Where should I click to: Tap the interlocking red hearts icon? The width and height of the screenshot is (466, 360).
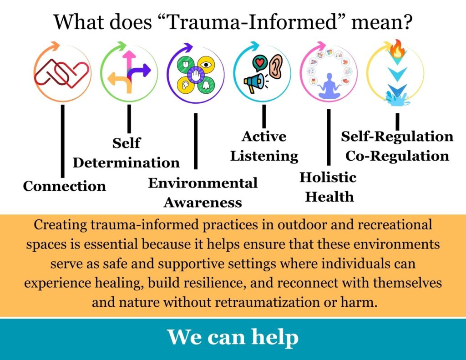click(x=62, y=73)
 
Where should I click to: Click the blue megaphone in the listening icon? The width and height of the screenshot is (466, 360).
click(x=253, y=82)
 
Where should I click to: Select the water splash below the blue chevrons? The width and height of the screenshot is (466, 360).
click(x=395, y=97)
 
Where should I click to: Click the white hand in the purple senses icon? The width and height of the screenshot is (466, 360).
click(x=196, y=73)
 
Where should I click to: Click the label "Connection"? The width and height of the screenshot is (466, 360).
click(x=64, y=186)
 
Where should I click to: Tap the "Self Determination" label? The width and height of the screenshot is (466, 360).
click(x=126, y=153)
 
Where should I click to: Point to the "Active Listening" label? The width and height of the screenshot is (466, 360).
click(x=264, y=146)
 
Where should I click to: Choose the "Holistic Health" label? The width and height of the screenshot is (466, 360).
click(x=328, y=187)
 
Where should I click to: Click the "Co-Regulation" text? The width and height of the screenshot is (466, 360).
click(x=397, y=156)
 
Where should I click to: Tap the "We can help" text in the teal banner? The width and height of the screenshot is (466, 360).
click(x=233, y=337)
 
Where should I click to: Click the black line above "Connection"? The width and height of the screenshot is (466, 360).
click(x=62, y=141)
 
